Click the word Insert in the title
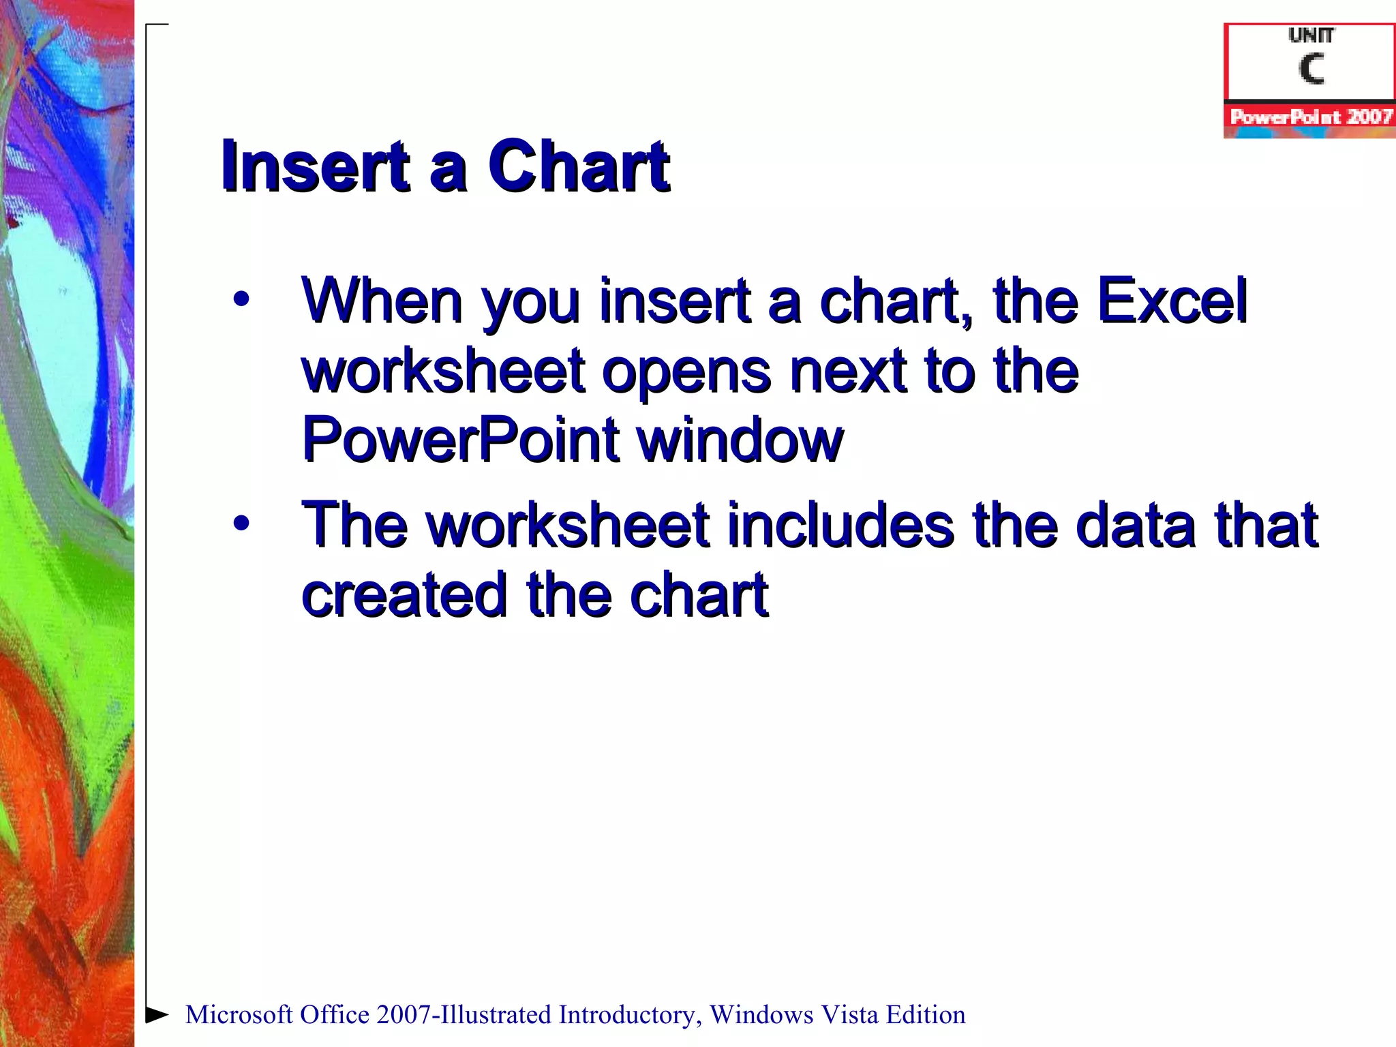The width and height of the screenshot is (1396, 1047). [314, 166]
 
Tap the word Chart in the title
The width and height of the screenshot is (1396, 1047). [579, 166]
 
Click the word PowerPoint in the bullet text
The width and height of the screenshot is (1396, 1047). [459, 440]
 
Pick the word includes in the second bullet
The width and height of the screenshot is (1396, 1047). [840, 525]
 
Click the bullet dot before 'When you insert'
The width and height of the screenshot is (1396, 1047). [241, 299]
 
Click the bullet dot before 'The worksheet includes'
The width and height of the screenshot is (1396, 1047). [241, 523]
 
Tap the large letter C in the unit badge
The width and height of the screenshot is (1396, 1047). [1310, 69]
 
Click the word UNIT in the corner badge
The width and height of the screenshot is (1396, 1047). [1310, 35]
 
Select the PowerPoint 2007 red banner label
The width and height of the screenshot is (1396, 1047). [1310, 117]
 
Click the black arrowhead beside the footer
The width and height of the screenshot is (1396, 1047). [157, 1014]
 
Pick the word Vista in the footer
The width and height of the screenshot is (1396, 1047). [849, 1015]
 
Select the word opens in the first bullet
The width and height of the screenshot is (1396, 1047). [686, 372]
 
